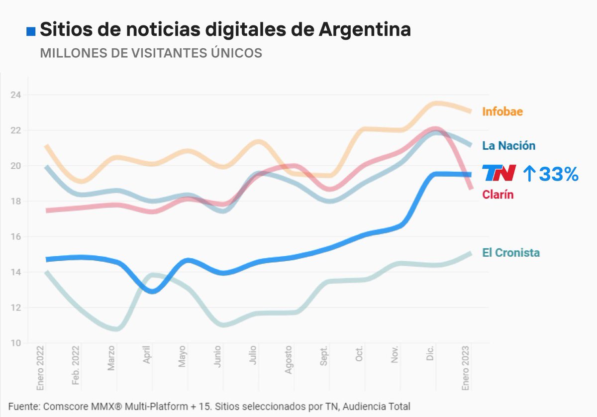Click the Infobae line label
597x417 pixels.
point(502,111)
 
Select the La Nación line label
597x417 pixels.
point(508,146)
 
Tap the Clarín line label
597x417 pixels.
point(497,195)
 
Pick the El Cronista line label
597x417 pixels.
point(510,253)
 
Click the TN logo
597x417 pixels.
point(499,174)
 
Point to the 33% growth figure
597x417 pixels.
point(558,174)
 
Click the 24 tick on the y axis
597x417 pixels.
point(16,95)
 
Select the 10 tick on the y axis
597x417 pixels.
point(16,343)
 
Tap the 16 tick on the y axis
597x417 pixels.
point(16,237)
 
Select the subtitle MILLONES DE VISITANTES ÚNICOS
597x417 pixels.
point(151,53)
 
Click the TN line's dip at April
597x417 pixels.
point(152,291)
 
